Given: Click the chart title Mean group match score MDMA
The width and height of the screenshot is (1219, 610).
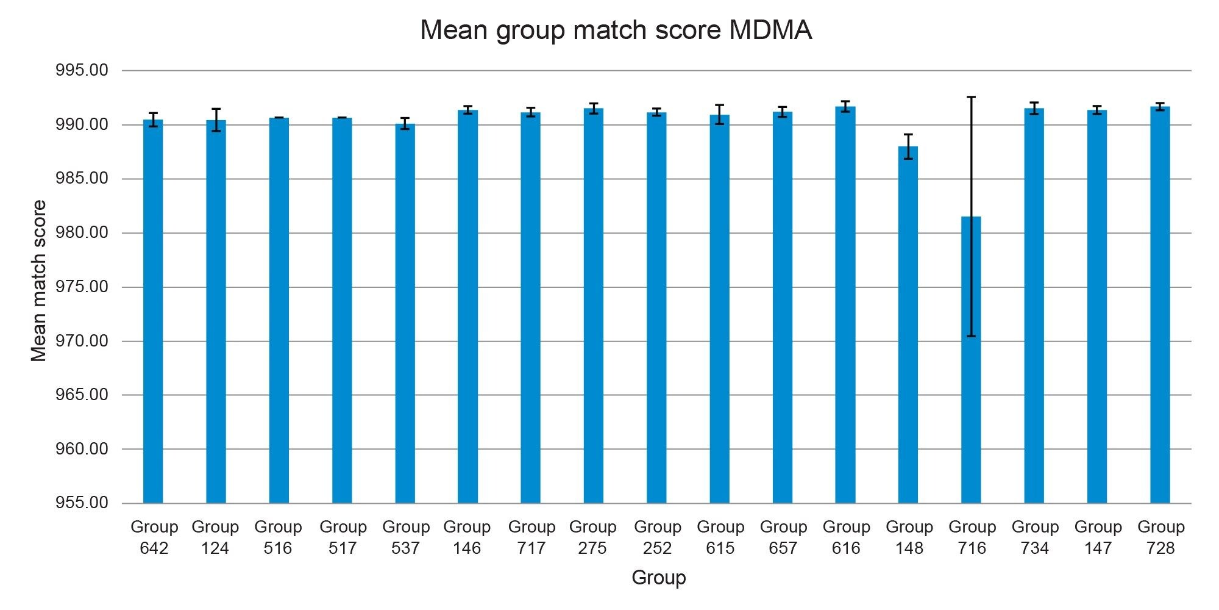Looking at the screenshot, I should click(x=616, y=30).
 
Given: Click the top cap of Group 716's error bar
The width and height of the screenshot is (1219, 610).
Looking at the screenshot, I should click(x=971, y=97).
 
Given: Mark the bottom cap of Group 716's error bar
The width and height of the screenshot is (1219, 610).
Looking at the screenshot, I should click(x=971, y=336).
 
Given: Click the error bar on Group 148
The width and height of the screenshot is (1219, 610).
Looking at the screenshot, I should click(x=908, y=146).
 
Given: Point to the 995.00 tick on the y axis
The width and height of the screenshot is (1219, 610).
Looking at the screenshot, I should click(x=82, y=71).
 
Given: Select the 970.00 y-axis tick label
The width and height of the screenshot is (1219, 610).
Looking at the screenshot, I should click(x=82, y=341).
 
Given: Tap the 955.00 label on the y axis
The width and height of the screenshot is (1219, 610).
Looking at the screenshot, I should click(x=82, y=503).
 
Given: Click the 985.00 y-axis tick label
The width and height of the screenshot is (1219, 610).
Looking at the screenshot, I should click(x=82, y=179).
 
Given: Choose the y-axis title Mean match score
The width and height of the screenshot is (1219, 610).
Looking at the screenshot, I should click(x=38, y=281).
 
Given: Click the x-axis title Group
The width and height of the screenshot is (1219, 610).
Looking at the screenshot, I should click(x=658, y=578).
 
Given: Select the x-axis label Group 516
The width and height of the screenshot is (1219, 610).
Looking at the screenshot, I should click(x=278, y=537).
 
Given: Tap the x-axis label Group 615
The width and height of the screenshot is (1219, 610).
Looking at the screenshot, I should click(x=720, y=537).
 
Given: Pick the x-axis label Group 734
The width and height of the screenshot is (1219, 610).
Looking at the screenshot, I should click(x=1035, y=537).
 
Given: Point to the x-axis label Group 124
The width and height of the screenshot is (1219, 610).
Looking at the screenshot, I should click(x=215, y=537).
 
